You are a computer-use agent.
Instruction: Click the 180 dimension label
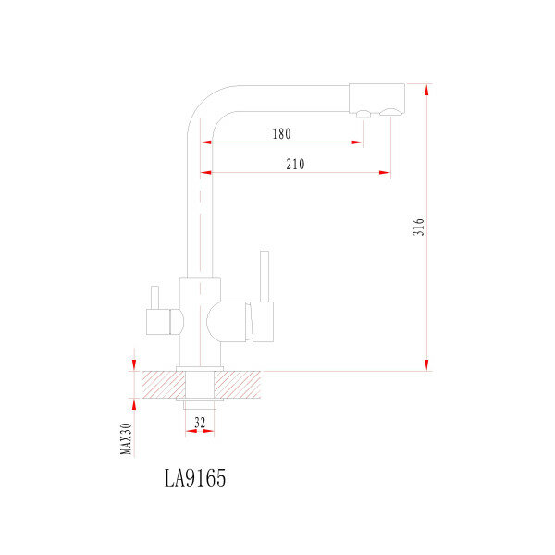pyautogui.click(x=281, y=134)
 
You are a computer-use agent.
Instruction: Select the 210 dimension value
pyautogui.click(x=295, y=165)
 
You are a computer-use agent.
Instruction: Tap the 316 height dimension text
pyautogui.click(x=418, y=228)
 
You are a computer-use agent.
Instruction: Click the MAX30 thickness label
pyautogui.click(x=127, y=438)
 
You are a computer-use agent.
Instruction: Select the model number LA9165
pyautogui.click(x=194, y=478)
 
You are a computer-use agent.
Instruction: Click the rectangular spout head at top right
pyautogui.click(x=376, y=96)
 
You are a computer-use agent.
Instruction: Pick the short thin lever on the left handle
pyautogui.click(x=154, y=297)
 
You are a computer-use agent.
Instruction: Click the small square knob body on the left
pyautogui.click(x=158, y=321)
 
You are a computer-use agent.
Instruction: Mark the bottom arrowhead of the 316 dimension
pyautogui.click(x=426, y=365)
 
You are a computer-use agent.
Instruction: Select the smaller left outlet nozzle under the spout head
pyautogui.click(x=364, y=114)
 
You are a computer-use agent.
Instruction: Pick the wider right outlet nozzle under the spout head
pyautogui.click(x=391, y=113)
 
